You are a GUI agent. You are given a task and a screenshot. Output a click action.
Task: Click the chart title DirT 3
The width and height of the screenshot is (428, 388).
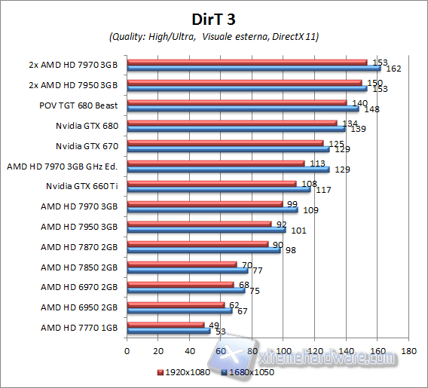(x=213, y=17)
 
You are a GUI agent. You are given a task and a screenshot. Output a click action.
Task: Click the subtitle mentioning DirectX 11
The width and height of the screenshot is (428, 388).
(x=213, y=36)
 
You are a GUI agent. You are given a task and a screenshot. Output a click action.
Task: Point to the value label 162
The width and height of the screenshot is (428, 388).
(x=393, y=69)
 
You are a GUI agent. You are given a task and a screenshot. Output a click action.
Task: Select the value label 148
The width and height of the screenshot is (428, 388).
(x=371, y=109)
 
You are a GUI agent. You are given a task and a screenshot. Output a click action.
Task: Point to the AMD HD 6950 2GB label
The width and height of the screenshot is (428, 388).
(x=79, y=307)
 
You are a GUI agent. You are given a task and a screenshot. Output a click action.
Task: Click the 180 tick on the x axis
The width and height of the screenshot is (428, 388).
(x=409, y=351)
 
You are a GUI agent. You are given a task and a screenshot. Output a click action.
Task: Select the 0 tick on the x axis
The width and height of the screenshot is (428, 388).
(x=127, y=351)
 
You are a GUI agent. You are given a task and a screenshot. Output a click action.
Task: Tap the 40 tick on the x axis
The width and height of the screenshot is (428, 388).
(x=190, y=351)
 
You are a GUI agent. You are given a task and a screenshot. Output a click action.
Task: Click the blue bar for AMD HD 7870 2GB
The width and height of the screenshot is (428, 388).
(x=203, y=249)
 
